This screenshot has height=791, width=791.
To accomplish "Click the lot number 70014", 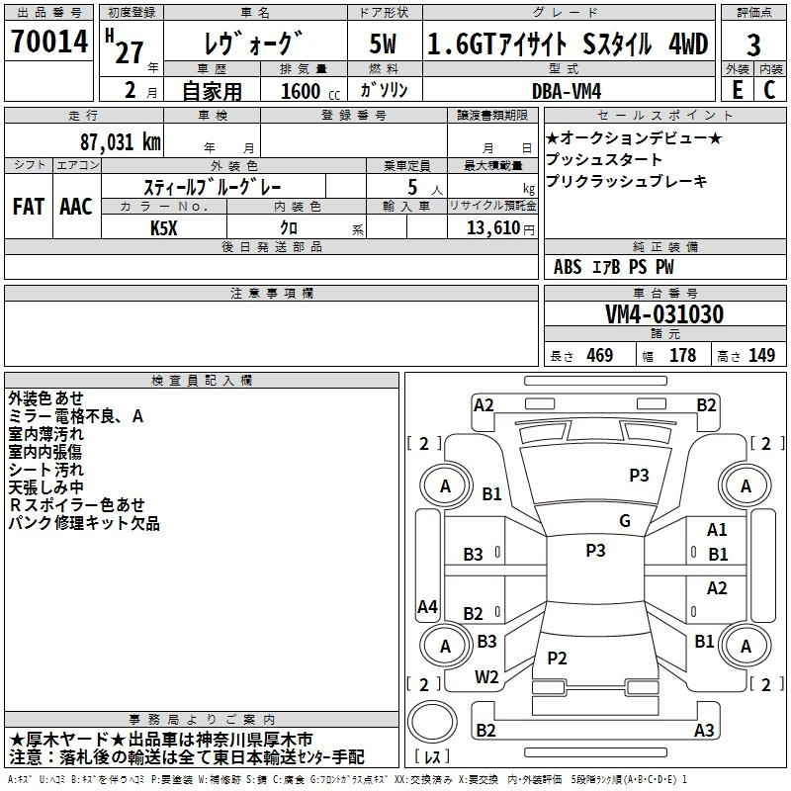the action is click(x=49, y=42).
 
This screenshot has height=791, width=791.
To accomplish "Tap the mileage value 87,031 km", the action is click(x=121, y=142).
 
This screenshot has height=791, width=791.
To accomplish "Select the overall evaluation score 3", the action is click(x=753, y=45).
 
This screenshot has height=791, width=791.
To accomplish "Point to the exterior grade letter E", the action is click(x=738, y=90).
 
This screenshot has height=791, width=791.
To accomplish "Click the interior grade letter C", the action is click(x=769, y=90).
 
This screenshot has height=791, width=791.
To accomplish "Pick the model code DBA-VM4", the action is click(x=567, y=91).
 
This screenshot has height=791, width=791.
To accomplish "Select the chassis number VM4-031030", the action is click(x=664, y=314).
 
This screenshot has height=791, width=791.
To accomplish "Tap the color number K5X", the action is click(x=164, y=228).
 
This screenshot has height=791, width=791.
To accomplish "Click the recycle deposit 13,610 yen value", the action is click(x=500, y=228).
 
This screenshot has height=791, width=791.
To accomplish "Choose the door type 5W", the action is click(x=383, y=44).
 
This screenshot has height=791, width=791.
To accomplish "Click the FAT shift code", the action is click(x=29, y=207).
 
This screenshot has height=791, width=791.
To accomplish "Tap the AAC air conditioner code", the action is click(x=76, y=207).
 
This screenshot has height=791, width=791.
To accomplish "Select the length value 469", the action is click(x=600, y=355).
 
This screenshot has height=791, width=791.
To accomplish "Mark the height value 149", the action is click(x=761, y=355).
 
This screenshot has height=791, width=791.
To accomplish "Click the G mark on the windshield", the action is click(x=625, y=521).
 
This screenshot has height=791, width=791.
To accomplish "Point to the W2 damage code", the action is click(x=486, y=677).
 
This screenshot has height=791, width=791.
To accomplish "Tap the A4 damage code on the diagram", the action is click(x=427, y=606).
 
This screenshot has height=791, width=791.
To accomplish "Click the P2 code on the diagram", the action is click(x=557, y=658).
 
